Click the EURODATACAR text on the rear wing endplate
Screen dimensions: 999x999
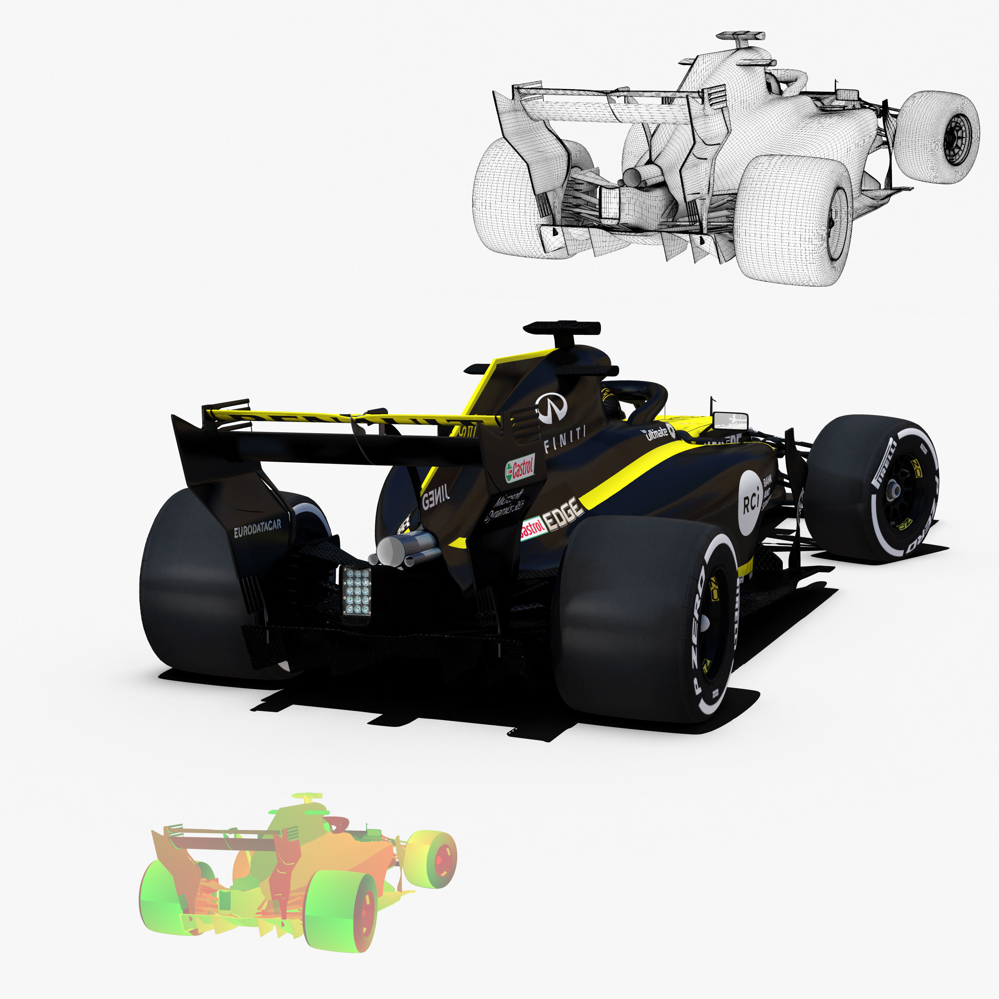257,528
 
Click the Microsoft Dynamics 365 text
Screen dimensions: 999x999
505,507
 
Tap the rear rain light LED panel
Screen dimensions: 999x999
357,591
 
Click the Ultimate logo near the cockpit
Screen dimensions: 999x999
658,433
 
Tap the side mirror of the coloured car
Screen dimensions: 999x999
730,420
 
